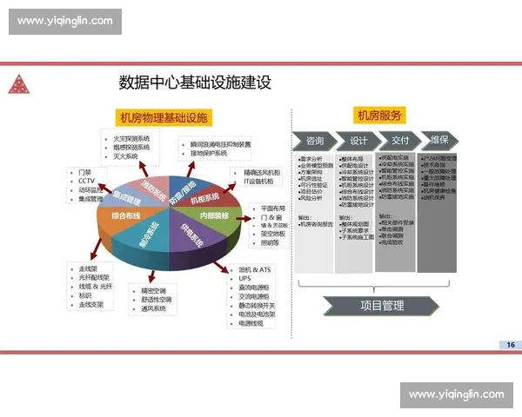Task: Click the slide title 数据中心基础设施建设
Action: click(195, 83)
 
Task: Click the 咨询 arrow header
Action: click(315, 141)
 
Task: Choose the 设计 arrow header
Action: click(358, 141)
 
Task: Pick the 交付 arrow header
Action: click(400, 141)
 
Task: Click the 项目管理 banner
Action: click(381, 305)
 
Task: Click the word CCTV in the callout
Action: click(87, 181)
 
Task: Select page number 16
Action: click(509, 345)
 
